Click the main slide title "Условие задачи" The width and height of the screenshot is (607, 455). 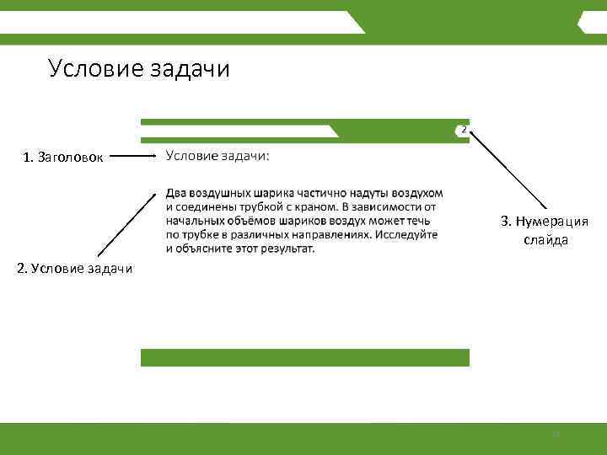pyautogui.click(x=139, y=68)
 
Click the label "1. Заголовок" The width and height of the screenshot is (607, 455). pyautogui.click(x=64, y=157)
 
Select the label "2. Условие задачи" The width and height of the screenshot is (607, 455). pyautogui.click(x=75, y=269)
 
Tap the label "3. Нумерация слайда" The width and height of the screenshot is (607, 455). pyautogui.click(x=545, y=230)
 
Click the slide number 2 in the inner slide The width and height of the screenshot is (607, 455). pyautogui.click(x=464, y=129)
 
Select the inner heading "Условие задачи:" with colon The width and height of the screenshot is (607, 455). pyautogui.click(x=218, y=155)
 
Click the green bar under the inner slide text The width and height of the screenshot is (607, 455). pyautogui.click(x=304, y=357)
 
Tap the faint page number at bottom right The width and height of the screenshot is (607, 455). pyautogui.click(x=556, y=435)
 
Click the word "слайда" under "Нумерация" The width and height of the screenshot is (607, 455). pyautogui.click(x=545, y=240)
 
